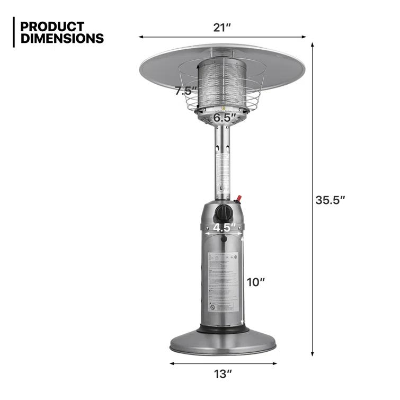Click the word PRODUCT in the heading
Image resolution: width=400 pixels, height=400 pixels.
tap(52, 26)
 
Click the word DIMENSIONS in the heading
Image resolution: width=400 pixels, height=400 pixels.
tap(61, 38)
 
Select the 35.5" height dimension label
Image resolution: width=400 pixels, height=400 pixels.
tap(330, 200)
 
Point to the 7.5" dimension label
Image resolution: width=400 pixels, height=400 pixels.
tap(186, 91)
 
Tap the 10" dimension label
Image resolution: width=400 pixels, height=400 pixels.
tap(255, 282)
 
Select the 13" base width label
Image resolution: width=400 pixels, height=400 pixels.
tap(223, 375)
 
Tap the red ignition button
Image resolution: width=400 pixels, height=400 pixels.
tap(239, 199)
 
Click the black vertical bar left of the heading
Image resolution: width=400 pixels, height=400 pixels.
tap(13, 32)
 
